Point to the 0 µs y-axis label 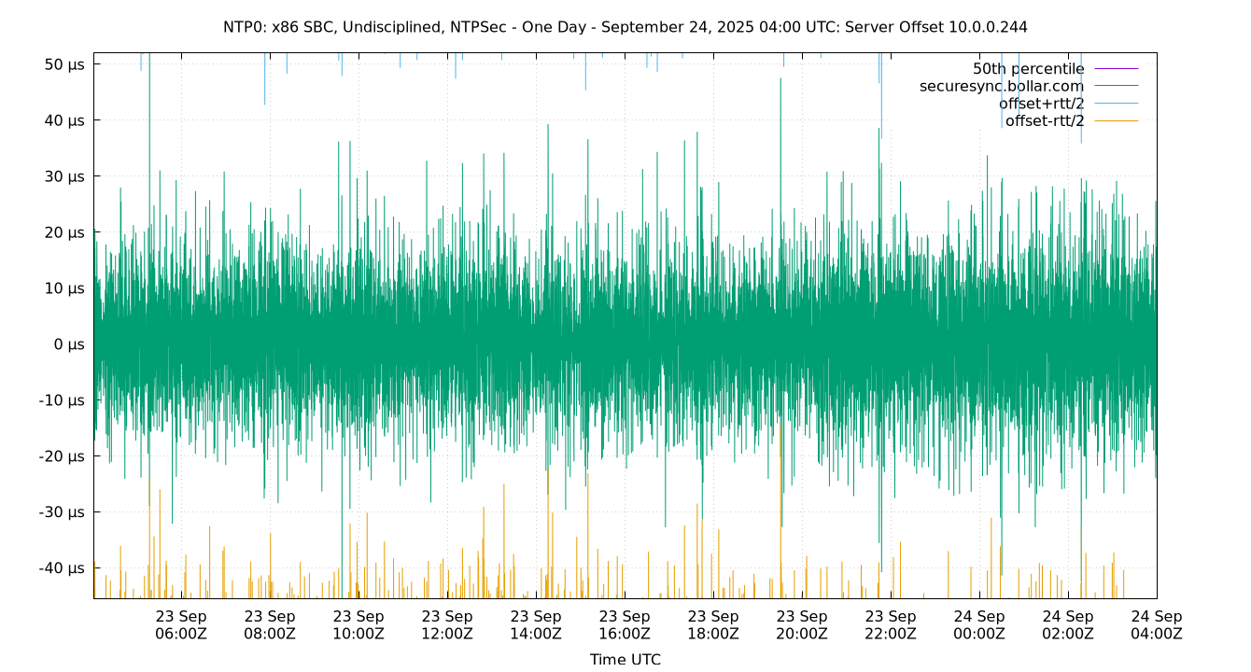70,344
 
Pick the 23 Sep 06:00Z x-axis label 181,624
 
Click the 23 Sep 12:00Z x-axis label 447,624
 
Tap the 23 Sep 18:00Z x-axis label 713,624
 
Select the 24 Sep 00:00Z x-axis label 979,624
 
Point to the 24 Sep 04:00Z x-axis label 1157,624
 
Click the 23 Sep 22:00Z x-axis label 891,624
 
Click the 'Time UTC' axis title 625,659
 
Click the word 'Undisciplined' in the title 386,27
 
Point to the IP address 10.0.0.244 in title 988,27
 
